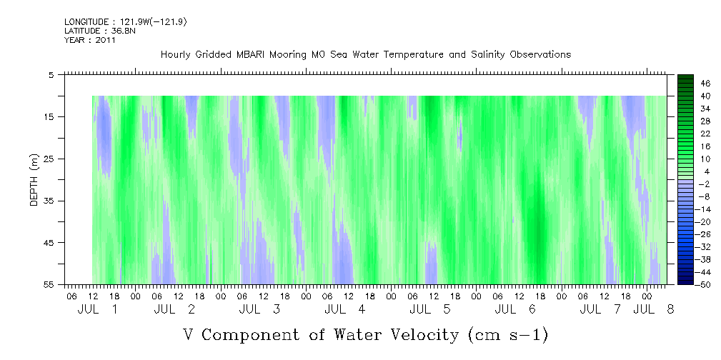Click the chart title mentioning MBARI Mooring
(365, 54)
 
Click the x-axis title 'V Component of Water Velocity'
(365, 334)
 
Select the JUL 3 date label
(259, 309)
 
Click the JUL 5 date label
(430, 309)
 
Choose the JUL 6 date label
(515, 309)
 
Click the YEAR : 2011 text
(90, 40)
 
